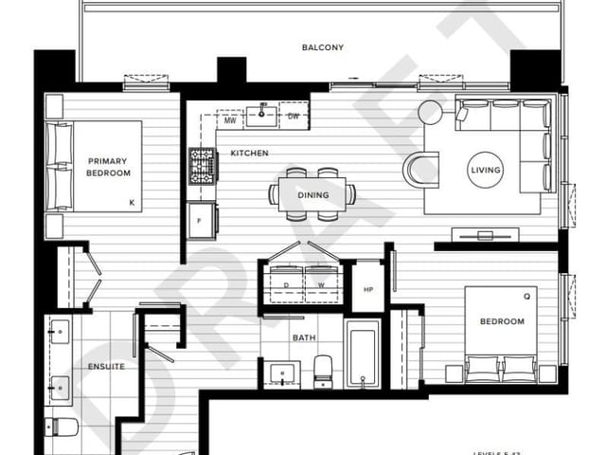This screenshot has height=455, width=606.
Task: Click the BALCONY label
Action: [x=322, y=47]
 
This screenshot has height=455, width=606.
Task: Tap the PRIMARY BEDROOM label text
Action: [x=107, y=168]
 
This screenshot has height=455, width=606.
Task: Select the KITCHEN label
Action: [x=249, y=153]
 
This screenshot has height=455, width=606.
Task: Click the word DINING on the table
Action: [x=313, y=195]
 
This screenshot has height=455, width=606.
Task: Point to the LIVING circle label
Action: [x=486, y=171]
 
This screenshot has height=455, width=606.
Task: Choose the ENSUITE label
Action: [x=107, y=365]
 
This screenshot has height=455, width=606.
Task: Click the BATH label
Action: [x=304, y=337]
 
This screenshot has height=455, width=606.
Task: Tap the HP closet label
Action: [x=368, y=290]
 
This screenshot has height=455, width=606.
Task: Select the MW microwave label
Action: [x=230, y=120]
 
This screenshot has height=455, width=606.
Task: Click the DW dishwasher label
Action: [x=294, y=117]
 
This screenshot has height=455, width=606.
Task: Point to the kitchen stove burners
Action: [x=202, y=166]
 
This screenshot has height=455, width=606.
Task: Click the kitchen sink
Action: [x=261, y=116]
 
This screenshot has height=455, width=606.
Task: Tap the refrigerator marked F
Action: [x=199, y=222]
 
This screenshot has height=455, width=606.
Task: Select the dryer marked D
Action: [x=286, y=283]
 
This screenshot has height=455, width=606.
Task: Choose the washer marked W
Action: [x=321, y=283]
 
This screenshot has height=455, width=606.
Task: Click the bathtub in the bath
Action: [x=363, y=353]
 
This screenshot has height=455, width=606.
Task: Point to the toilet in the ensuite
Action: [x=62, y=426]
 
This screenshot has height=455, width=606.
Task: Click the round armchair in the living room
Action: [x=420, y=171]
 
